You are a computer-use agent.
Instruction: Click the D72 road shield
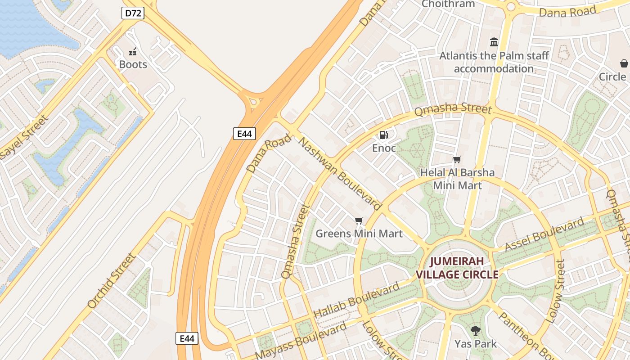pyautogui.click(x=133, y=13)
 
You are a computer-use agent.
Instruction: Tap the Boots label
pyautogui.click(x=133, y=64)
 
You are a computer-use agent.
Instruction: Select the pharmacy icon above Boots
pyautogui.click(x=133, y=51)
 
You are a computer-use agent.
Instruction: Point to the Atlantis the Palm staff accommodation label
pyautogui.click(x=494, y=62)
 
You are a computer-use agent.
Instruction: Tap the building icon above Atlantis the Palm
pyautogui.click(x=494, y=42)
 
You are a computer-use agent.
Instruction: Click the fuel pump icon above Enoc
pyautogui.click(x=384, y=135)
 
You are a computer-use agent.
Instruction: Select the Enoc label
pyautogui.click(x=384, y=148)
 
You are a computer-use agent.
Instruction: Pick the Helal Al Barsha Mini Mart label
pyautogui.click(x=457, y=179)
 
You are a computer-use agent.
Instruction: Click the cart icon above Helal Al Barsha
pyautogui.click(x=457, y=159)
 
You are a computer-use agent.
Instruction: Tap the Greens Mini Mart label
pyautogui.click(x=359, y=234)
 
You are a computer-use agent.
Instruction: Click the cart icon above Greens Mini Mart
pyautogui.click(x=359, y=220)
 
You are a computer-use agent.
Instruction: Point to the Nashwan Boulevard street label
pyautogui.click(x=340, y=174)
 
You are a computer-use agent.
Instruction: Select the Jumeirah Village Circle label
pyautogui.click(x=457, y=268)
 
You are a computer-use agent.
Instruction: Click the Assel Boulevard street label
pyautogui.click(x=544, y=234)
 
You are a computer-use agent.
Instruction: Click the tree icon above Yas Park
pyautogui.click(x=475, y=331)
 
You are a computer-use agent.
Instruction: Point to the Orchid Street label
pyautogui.click(x=111, y=281)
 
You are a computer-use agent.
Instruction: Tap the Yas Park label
pyautogui.click(x=475, y=344)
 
